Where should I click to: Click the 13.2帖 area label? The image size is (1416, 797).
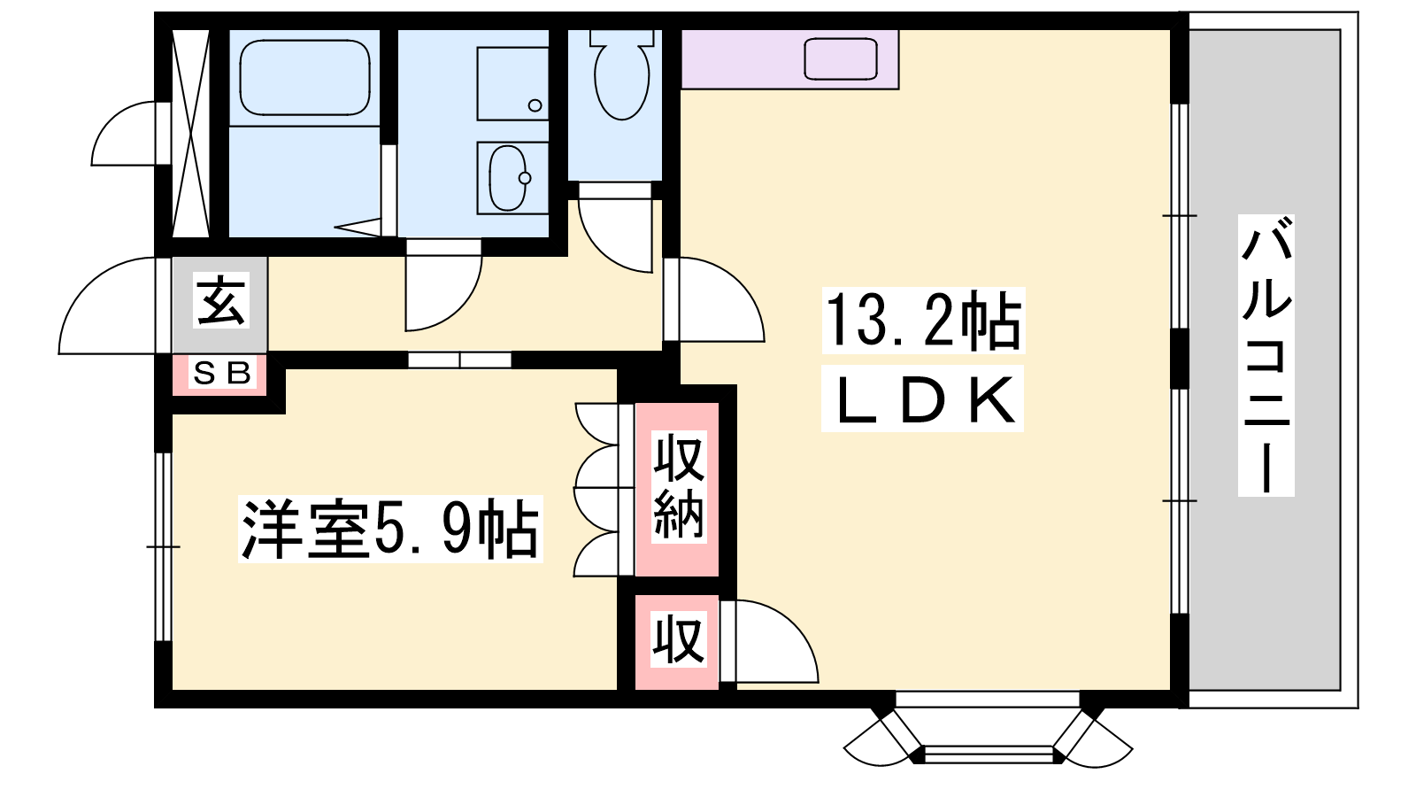[922, 321]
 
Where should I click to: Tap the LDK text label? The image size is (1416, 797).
[922, 399]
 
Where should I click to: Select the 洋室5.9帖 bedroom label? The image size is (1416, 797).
[390, 530]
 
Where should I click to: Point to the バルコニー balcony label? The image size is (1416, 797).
[1266, 355]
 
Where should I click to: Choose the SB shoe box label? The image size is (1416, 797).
[221, 373]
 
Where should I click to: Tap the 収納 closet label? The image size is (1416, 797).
[678, 486]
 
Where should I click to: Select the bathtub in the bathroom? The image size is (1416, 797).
[304, 78]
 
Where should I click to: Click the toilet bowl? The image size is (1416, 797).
[622, 74]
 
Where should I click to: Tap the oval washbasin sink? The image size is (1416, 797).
[510, 178]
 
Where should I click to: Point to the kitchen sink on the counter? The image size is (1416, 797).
[841, 59]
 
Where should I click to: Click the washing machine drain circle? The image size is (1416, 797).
[535, 105]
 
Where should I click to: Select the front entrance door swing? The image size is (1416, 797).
[108, 306]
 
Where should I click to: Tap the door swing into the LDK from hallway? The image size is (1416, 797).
[713, 299]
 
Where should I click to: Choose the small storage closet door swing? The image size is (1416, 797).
[769, 641]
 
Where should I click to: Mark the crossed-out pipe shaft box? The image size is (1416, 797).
[191, 134]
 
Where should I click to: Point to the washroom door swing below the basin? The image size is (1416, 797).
[443, 285]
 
